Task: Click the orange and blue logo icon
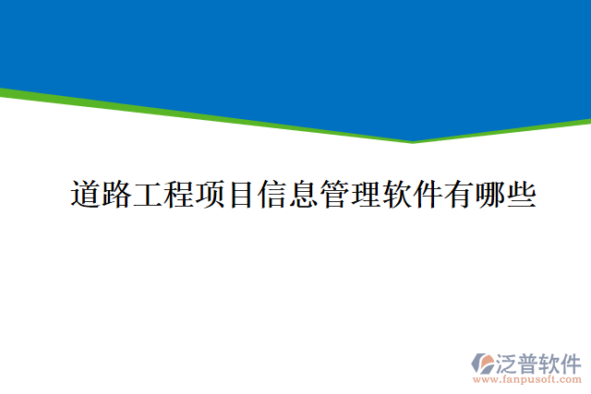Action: (484, 363)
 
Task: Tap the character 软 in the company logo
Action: (549, 362)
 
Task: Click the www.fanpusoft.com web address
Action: (527, 379)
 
